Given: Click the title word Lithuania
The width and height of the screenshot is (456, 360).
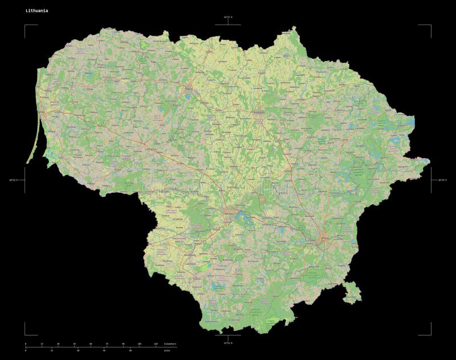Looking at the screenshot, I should (36, 10).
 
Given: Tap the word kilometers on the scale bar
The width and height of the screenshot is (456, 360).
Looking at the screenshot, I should (170, 344).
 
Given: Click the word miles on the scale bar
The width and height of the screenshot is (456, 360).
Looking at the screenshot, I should (166, 350).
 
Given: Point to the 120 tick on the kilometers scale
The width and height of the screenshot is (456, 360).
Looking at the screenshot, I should (156, 344).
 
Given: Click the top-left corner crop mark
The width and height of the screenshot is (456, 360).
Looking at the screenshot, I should (26, 26).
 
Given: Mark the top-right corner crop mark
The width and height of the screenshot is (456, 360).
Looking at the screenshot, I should (430, 26).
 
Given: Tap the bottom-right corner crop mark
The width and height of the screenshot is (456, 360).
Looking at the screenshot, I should (430, 334).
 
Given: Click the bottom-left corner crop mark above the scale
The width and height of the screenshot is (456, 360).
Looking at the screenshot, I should (26, 334).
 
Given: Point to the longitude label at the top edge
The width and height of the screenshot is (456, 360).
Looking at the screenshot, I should (227, 18).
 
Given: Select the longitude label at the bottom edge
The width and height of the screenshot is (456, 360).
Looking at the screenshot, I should (227, 343).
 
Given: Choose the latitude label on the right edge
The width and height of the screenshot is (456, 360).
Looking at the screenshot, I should (442, 180).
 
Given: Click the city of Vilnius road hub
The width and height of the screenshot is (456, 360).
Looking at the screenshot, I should (324, 239).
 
